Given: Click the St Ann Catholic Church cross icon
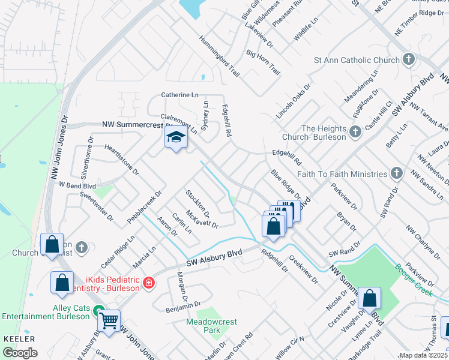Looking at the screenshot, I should pos(409,60).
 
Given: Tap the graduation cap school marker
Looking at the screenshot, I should pos(176,139).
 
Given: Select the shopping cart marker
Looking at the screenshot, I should pos(109,321).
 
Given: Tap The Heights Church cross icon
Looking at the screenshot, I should pos(355,131).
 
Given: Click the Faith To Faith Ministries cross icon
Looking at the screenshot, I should pos(396,174).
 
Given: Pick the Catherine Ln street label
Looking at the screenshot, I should pos(179,95).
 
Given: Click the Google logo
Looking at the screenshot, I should pos(20,352).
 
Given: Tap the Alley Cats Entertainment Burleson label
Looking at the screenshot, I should pos(46,311).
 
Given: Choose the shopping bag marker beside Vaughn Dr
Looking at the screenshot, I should pos(370,298).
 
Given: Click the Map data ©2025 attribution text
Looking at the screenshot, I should pos(423,355).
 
